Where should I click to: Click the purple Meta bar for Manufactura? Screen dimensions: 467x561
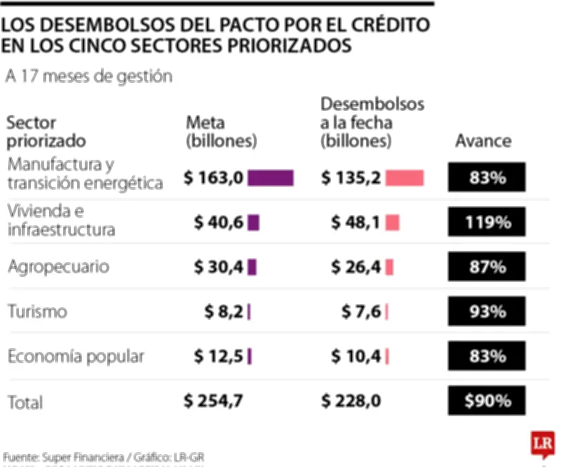pyautogui.click(x=270, y=178)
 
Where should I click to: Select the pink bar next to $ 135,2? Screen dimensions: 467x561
pyautogui.click(x=405, y=178)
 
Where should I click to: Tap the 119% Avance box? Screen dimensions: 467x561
pyautogui.click(x=487, y=223)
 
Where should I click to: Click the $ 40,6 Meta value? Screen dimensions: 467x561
pyautogui.click(x=219, y=223)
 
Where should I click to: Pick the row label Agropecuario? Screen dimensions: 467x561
pyautogui.click(x=58, y=267)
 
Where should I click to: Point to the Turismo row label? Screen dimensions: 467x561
pyautogui.click(x=37, y=311)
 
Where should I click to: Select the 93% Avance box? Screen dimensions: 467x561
pyautogui.click(x=487, y=311)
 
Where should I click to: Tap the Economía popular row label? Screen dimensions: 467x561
pyautogui.click(x=76, y=356)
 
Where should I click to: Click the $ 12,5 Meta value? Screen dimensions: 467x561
pyautogui.click(x=219, y=356)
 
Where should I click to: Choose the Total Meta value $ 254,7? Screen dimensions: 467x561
pyautogui.click(x=213, y=401)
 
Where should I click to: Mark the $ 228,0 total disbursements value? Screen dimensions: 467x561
pyautogui.click(x=351, y=401)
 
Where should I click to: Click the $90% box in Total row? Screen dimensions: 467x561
pyautogui.click(x=487, y=401)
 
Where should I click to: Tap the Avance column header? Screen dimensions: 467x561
pyautogui.click(x=483, y=141)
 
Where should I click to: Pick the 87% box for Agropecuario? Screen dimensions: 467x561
pyautogui.click(x=487, y=267)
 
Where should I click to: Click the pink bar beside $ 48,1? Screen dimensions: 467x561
pyautogui.click(x=392, y=223)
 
